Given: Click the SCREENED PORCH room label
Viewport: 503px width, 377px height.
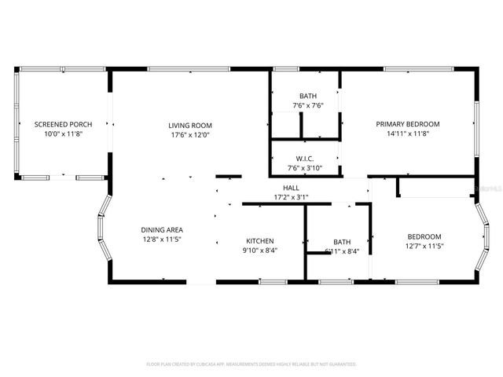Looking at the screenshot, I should click(x=63, y=124).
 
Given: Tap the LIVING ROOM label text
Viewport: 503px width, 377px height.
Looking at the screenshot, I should click(x=190, y=125).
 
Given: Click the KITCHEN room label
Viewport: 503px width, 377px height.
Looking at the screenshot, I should click(x=260, y=241).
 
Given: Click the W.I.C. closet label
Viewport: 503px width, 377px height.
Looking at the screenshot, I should click(x=306, y=158).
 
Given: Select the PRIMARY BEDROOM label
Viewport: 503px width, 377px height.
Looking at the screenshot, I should click(x=407, y=124).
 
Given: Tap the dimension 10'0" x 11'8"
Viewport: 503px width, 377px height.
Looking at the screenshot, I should click(x=63, y=134).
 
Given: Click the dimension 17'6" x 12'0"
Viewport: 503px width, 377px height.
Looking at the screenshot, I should click(x=190, y=134).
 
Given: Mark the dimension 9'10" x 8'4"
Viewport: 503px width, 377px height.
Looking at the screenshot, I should click(x=260, y=251).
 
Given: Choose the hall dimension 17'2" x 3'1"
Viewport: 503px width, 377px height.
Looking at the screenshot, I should click(x=291, y=197).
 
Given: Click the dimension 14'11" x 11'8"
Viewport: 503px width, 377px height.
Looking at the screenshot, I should click(x=407, y=134).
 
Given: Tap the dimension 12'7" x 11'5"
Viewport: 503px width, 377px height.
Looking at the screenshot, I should click(x=424, y=247).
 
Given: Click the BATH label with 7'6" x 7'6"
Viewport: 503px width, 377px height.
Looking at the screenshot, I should click(x=308, y=96).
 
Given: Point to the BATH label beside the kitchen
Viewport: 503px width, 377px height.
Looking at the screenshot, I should click(x=342, y=242).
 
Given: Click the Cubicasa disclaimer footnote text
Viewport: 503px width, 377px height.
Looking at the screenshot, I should click(x=251, y=364).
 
